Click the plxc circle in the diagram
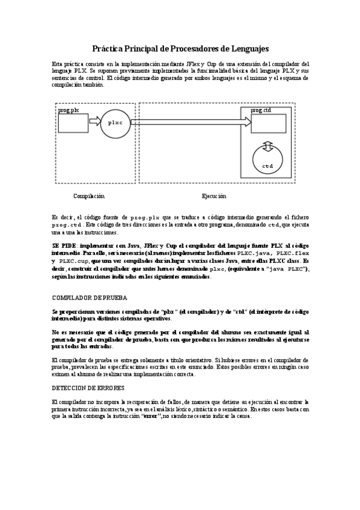pos(115,122)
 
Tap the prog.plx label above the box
pos(68,111)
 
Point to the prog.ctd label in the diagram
pos(261,111)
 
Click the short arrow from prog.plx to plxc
pos(94,122)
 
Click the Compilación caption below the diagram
pos(89,196)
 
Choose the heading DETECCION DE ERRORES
pos(89,389)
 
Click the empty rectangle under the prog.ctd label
pos(268,123)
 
